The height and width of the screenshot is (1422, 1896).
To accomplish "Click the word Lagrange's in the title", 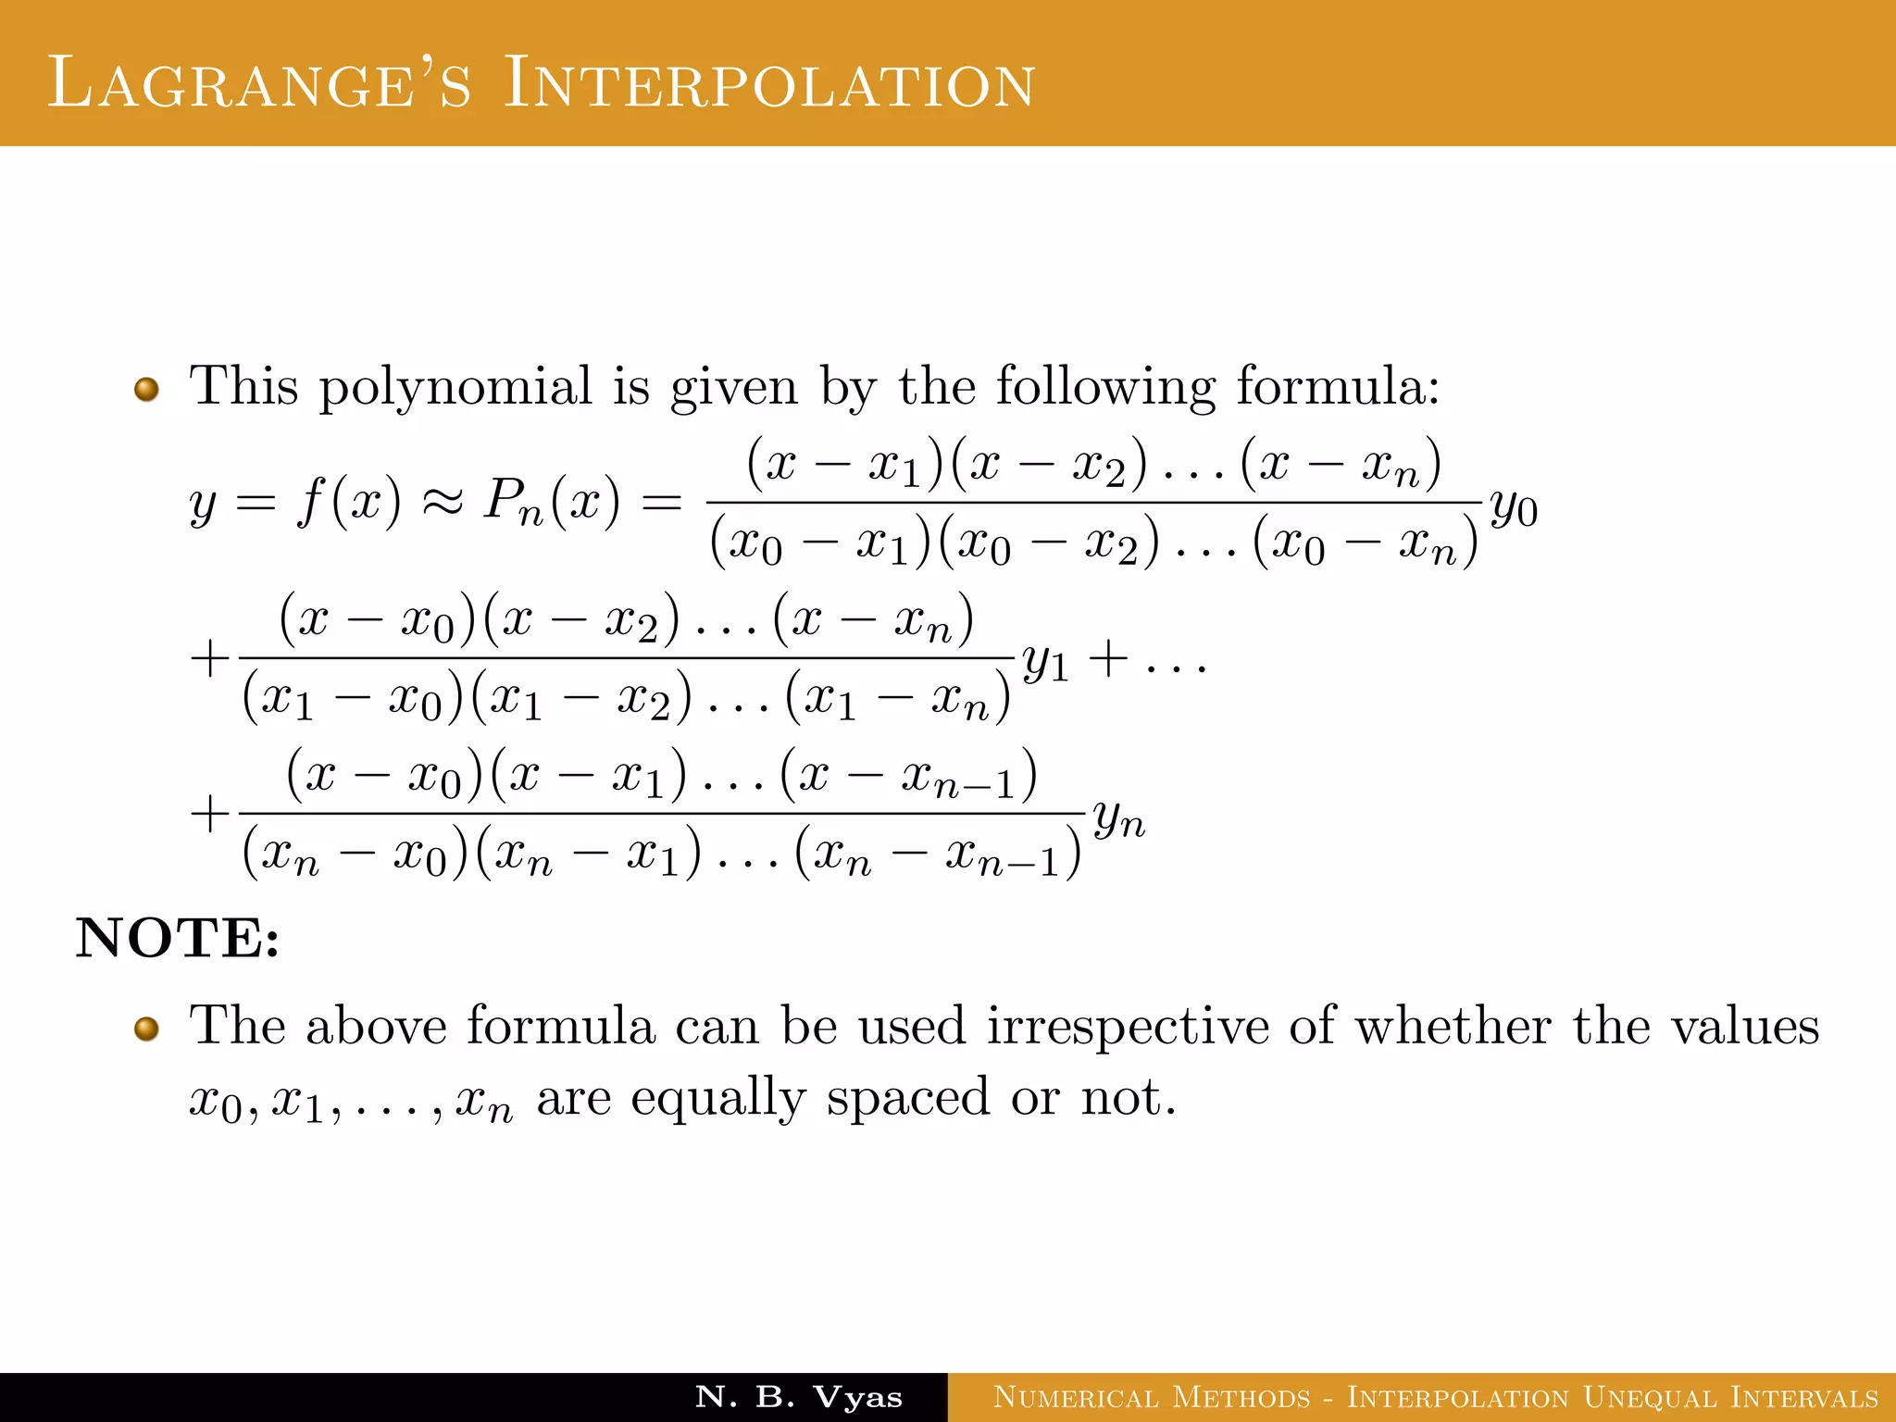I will tap(259, 83).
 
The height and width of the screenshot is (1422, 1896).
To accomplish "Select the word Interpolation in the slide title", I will tap(768, 83).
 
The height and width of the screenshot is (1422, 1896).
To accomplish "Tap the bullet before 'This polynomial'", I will tap(146, 389).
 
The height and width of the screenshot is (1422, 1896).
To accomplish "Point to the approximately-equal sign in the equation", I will tap(442, 504).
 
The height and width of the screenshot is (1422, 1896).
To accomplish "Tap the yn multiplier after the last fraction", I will tap(1118, 818).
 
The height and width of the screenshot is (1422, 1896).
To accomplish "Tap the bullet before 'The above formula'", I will tap(146, 1029).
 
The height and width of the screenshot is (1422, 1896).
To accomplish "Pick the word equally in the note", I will tap(717, 1099).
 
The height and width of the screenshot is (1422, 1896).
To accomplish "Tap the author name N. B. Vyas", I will tap(798, 1397).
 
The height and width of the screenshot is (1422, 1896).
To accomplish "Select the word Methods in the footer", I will tap(1241, 1397).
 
